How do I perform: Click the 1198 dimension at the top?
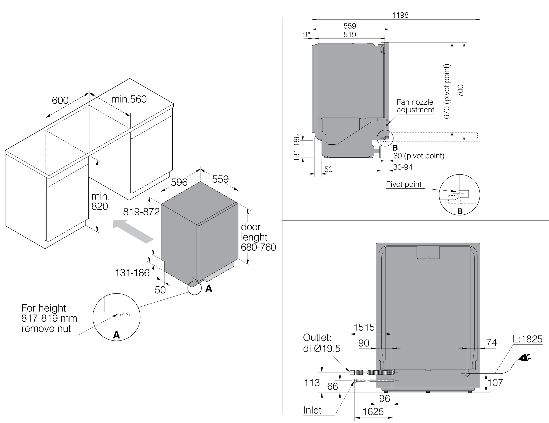[x=400, y=15]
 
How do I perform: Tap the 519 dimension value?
[x=350, y=35]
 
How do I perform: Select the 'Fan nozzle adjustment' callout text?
[x=415, y=106]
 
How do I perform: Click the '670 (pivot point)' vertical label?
[x=446, y=91]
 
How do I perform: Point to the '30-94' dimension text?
[x=403, y=167]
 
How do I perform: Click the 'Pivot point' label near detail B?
[x=403, y=184]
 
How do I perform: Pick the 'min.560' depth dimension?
[x=129, y=99]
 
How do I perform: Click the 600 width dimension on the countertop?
[x=60, y=100]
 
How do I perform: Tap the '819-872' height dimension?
[x=141, y=212]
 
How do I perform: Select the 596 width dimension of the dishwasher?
[x=179, y=182]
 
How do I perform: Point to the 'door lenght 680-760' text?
[x=258, y=237]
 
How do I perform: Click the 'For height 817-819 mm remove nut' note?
[x=49, y=318]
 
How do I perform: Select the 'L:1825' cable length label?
[x=527, y=339]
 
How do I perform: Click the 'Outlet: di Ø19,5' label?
[x=321, y=343]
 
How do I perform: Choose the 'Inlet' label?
[x=312, y=410]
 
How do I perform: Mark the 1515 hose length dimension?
[x=364, y=327]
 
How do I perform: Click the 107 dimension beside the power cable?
[x=495, y=382]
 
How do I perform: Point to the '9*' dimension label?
[x=307, y=35]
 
